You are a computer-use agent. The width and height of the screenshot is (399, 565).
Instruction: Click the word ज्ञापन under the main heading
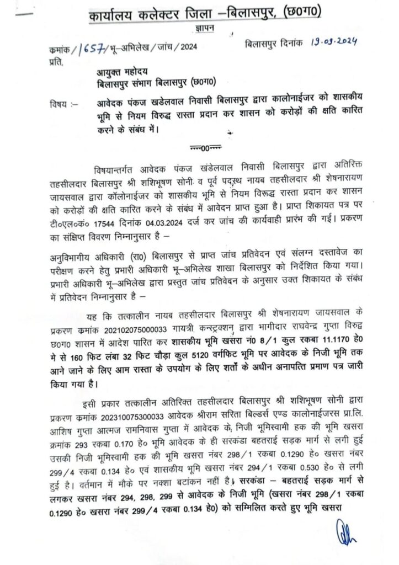(x=205, y=28)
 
